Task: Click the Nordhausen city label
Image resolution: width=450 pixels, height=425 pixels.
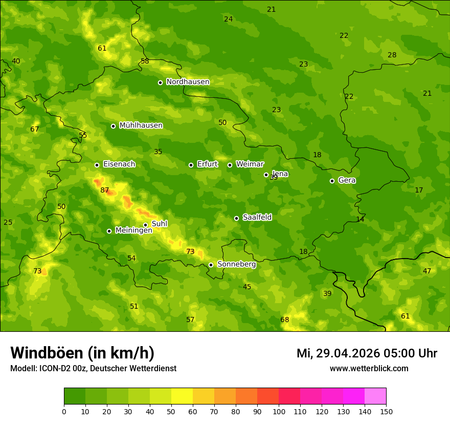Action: pyautogui.click(x=188, y=82)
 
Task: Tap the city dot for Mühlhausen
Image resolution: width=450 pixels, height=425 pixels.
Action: pyautogui.click(x=113, y=126)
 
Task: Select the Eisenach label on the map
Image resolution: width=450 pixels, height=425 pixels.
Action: pyautogui.click(x=119, y=164)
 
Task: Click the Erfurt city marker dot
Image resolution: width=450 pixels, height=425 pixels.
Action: pyautogui.click(x=191, y=165)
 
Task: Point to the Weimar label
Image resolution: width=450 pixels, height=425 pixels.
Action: pyautogui.click(x=250, y=164)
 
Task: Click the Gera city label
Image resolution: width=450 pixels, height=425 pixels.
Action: pyautogui.click(x=347, y=180)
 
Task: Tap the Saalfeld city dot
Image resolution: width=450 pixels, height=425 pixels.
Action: pyautogui.click(x=236, y=218)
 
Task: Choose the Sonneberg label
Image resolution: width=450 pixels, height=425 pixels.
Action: pyautogui.click(x=236, y=264)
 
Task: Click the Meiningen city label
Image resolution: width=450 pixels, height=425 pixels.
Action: pyautogui.click(x=133, y=230)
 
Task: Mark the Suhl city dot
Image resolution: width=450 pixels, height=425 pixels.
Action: pyautogui.click(x=145, y=225)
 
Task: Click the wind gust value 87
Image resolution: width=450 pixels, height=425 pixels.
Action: pyautogui.click(x=105, y=190)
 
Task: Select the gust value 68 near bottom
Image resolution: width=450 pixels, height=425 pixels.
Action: pyautogui.click(x=285, y=320)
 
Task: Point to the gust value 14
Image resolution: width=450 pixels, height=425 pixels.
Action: pyautogui.click(x=361, y=219)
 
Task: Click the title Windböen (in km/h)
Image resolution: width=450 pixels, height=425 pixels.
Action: pyautogui.click(x=82, y=353)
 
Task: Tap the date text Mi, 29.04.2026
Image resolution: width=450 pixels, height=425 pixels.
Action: pyautogui.click(x=338, y=353)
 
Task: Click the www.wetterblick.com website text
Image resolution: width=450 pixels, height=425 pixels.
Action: pyautogui.click(x=369, y=369)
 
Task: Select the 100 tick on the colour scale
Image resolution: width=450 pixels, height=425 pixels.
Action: pyautogui.click(x=279, y=411)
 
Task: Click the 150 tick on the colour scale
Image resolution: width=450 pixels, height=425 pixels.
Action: pyautogui.click(x=386, y=411)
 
